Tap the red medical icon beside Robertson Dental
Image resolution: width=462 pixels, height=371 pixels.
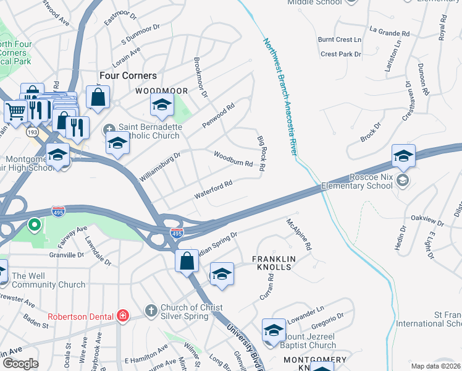pos(123,315)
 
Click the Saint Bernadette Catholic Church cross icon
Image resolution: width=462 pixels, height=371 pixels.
pos(110,129)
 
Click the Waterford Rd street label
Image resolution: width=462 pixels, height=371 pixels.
pos(213,189)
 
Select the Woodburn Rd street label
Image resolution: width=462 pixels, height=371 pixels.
pos(233,160)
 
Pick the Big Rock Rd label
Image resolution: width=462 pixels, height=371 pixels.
pos(261,154)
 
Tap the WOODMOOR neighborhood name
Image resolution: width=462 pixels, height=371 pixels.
pos(161,91)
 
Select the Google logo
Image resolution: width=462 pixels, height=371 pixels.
pos(20,363)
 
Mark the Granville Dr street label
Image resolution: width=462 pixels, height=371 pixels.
pos(67,254)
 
